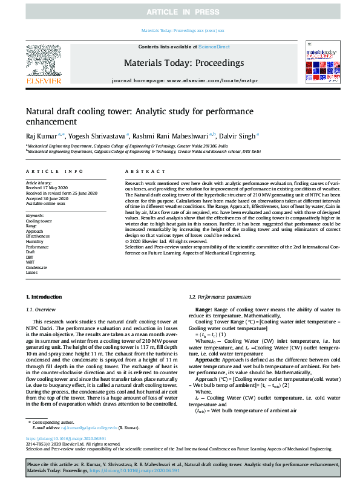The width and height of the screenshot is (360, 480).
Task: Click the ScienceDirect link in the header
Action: (214, 47)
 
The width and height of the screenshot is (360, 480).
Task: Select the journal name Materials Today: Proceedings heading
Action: (183, 62)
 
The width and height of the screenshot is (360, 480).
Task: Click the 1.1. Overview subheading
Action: (44, 309)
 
